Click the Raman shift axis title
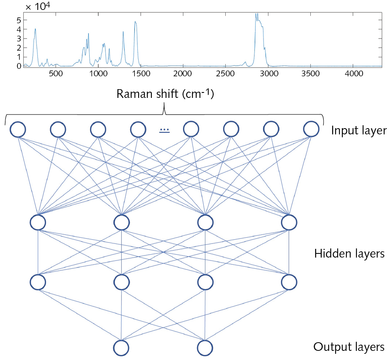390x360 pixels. [165, 94]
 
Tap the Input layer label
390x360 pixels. [359, 131]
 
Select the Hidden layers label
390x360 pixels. [349, 253]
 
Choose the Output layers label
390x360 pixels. [349, 347]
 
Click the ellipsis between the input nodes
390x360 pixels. [165, 130]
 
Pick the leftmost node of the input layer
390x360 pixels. [18, 129]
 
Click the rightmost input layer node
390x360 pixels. [311, 129]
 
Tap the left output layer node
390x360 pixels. [121, 348]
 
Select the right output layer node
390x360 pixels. [205, 348]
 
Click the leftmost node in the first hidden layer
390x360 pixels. [38, 222]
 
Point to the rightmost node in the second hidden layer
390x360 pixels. [289, 282]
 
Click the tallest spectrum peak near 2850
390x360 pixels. [256, 14]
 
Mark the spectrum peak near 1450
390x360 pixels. [135, 22]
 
